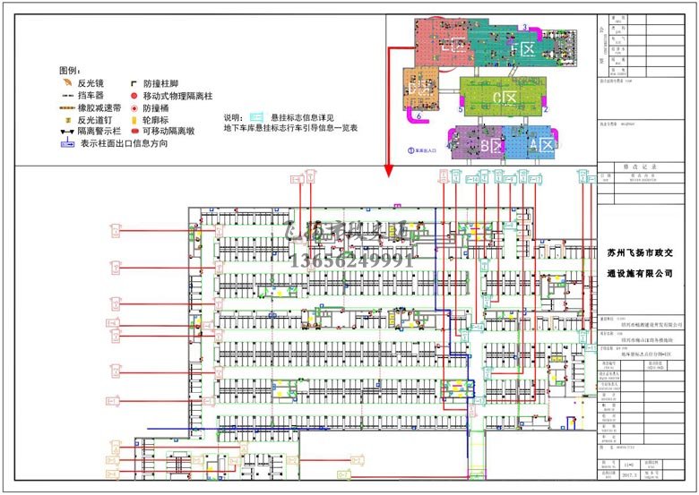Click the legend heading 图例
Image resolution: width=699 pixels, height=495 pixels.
coord(69,69)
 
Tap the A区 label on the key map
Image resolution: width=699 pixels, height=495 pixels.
coord(541,143)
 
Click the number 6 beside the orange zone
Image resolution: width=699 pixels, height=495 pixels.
coord(419,115)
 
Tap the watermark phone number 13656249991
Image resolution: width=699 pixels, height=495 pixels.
coord(352,260)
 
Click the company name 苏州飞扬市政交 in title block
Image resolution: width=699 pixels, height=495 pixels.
coord(646,255)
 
